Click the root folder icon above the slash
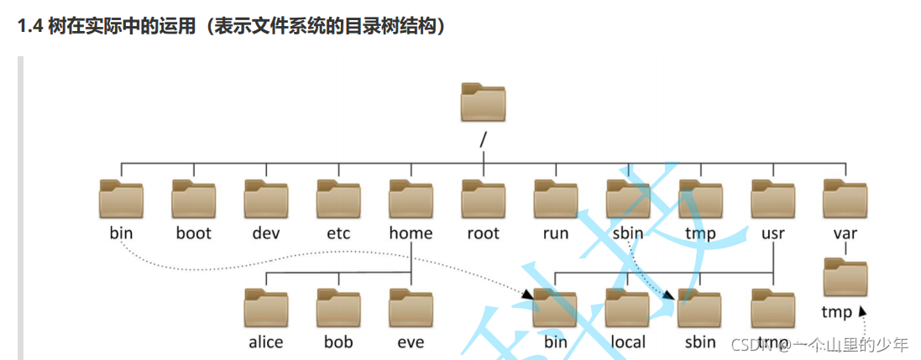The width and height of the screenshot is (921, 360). pos(483,103)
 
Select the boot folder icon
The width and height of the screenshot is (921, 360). pos(194,200)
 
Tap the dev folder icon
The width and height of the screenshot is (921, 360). pos(266,200)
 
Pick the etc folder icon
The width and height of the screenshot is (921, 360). pos(338,200)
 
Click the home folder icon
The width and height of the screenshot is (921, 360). pos(411,200)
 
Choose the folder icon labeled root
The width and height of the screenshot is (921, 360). pos(483,200)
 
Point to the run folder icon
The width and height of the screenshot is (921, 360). pos(555,200)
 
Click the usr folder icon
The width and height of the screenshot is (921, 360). pos(772,200)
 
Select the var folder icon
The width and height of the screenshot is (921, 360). pos(845,200)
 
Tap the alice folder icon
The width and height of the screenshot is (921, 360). pos(266,308)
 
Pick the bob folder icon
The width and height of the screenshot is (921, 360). pos(338,308)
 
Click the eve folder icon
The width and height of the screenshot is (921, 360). pos(411,308)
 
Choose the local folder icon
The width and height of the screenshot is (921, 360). pos(627,308)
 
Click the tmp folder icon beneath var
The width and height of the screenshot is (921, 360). pos(845,279)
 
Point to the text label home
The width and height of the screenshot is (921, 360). pos(411,233)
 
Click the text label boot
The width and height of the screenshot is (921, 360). pos(194,233)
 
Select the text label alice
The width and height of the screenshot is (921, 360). pos(266,342)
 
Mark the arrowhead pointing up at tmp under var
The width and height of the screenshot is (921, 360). pos(862,310)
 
